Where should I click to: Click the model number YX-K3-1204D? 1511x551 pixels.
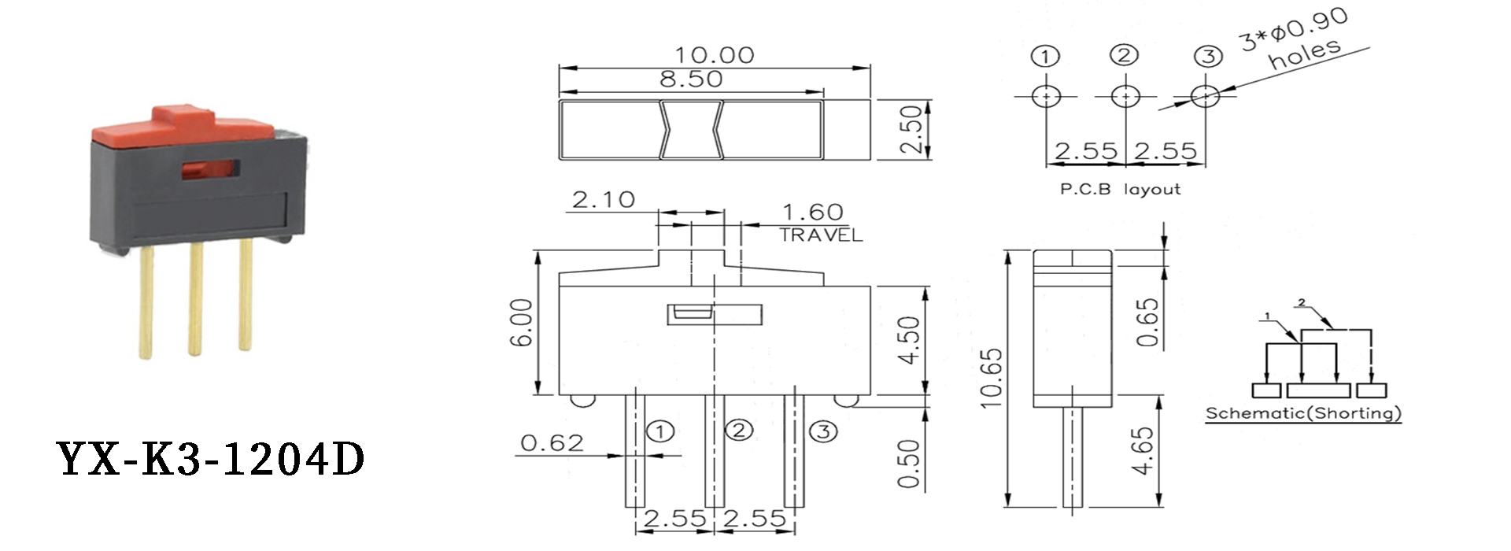[x=211, y=459]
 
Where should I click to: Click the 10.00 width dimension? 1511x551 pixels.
[x=714, y=55]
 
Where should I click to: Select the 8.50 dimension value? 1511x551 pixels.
[x=691, y=79]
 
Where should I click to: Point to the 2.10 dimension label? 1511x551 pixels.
[x=603, y=200]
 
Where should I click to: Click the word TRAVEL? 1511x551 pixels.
[x=821, y=235]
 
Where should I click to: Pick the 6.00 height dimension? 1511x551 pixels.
[x=522, y=322]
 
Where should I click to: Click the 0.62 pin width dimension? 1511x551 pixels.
[x=552, y=443]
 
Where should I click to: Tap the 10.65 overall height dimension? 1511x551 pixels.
[x=992, y=378]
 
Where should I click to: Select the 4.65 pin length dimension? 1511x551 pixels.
[x=1143, y=450]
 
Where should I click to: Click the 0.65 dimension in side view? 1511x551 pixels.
[x=1148, y=322]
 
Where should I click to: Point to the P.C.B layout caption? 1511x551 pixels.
[x=1120, y=190]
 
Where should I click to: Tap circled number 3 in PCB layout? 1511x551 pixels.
[x=1208, y=56]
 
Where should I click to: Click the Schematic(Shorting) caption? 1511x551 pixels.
[x=1303, y=413]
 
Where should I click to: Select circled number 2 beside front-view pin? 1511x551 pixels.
[x=738, y=430]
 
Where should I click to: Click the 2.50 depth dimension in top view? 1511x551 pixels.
[x=911, y=130]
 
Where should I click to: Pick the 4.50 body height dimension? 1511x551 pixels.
[x=909, y=340]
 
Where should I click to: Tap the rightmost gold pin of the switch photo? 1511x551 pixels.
[x=246, y=295]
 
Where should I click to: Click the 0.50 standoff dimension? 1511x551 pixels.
[x=909, y=464]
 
